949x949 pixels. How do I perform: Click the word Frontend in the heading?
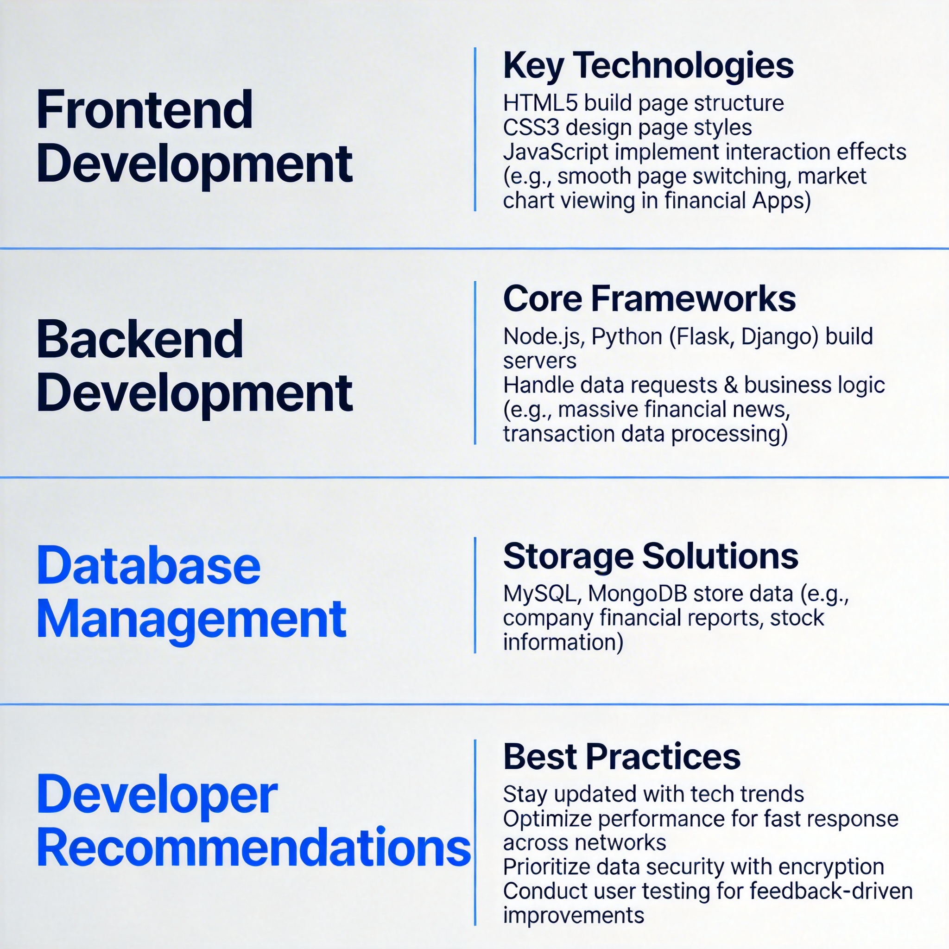click(145, 109)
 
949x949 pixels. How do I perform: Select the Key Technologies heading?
click(648, 66)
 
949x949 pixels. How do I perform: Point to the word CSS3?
click(531, 127)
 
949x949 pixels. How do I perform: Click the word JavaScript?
click(556, 152)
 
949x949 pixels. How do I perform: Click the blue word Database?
click(149, 566)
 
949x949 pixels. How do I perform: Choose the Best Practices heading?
click(622, 756)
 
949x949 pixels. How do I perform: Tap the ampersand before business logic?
click(731, 385)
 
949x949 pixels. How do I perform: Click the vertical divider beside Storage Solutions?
click(475, 595)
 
